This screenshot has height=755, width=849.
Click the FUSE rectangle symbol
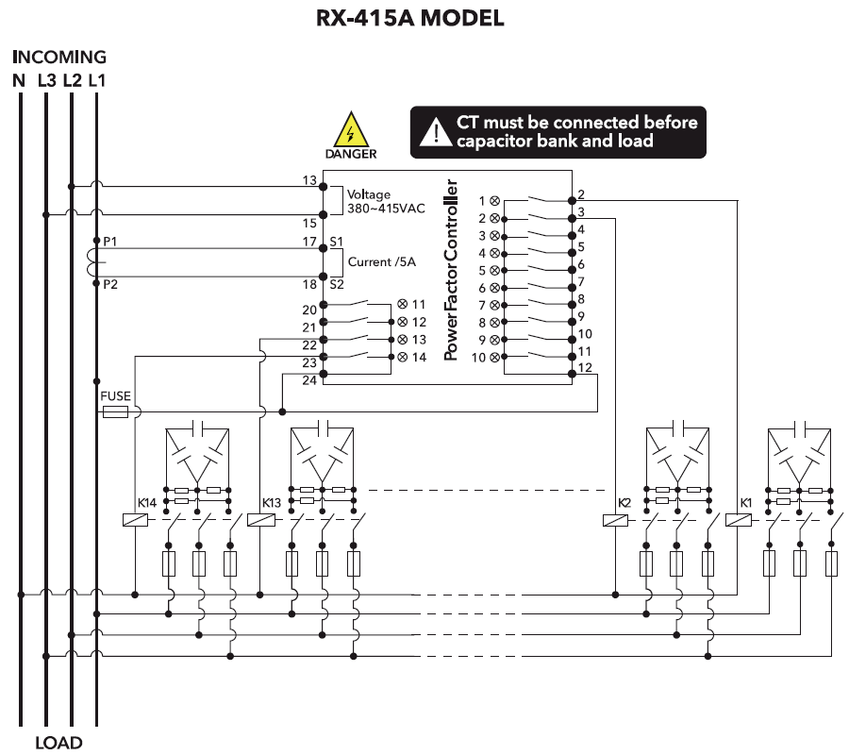click(115, 412)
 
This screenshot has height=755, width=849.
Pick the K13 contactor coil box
click(260, 519)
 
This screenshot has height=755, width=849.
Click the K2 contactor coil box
click(615, 519)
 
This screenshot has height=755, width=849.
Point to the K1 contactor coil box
click(738, 519)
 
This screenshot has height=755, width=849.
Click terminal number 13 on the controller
click(309, 179)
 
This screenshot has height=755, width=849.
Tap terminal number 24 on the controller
click(309, 382)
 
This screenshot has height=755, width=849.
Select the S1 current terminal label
click(336, 243)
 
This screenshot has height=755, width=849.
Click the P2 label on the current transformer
click(110, 284)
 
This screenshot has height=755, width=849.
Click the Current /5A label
click(382, 261)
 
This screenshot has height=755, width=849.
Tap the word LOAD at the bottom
click(58, 743)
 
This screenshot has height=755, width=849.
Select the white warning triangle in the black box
click(435, 131)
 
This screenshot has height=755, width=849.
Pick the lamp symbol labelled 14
click(403, 357)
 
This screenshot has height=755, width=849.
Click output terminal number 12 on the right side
click(585, 367)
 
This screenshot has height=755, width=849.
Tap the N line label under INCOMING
click(19, 81)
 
